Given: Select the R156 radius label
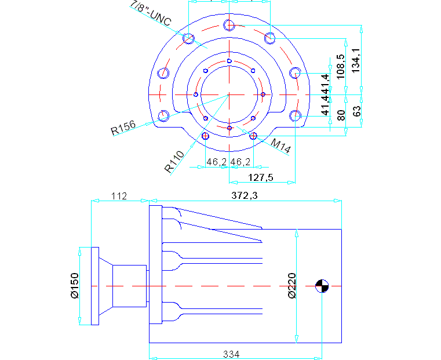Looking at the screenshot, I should tap(123, 127).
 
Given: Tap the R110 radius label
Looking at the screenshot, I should tap(174, 162).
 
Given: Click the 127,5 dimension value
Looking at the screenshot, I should tap(261, 177).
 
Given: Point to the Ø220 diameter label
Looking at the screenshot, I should tap(291, 286).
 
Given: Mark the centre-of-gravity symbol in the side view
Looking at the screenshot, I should tap(322, 286).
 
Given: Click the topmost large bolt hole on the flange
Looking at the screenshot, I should tap(229, 25).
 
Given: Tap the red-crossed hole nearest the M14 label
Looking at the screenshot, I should tap(253, 136).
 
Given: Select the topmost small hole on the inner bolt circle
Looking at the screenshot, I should tap(229, 61).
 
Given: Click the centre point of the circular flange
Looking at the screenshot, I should tap(229, 94).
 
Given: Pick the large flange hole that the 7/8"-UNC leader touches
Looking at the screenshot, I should tap(188, 39).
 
